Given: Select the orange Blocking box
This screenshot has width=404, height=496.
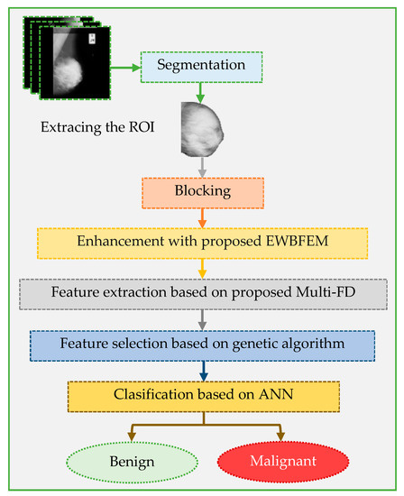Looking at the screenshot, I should pos(203,192).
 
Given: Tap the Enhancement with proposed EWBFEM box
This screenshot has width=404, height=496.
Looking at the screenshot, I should pos(203,243).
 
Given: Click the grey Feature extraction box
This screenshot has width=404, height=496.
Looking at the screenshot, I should pos(203,293).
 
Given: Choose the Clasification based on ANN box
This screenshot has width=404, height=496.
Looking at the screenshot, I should pos(203,394).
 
